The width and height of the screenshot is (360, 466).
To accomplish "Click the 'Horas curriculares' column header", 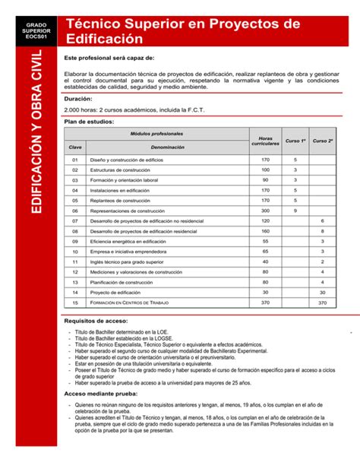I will click(265, 140).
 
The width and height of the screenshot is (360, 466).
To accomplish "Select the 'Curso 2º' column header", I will click(323, 141).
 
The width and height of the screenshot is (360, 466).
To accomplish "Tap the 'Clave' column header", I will click(75, 147).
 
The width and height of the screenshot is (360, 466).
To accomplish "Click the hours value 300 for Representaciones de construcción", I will click(265, 211).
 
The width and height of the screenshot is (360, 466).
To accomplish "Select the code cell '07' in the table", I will click(75, 221).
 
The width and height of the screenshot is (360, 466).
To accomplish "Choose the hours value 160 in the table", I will click(265, 231).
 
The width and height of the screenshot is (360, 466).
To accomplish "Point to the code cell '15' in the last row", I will click(75, 303).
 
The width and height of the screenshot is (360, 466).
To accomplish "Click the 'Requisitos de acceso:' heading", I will click(96, 322).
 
